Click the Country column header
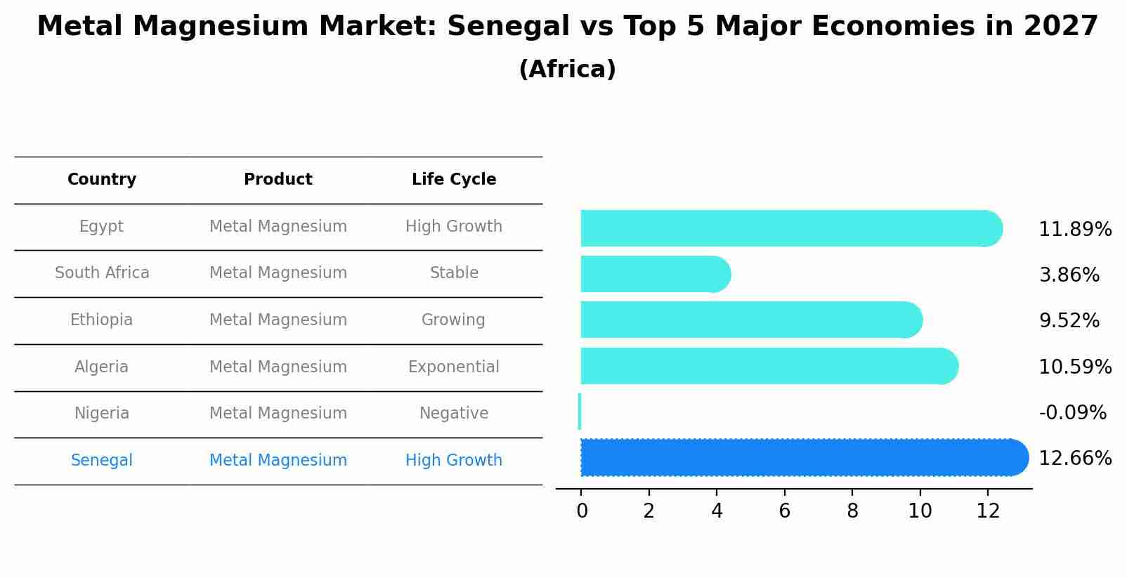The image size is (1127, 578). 102,180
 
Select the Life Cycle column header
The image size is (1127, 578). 454,180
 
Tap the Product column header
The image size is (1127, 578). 278,180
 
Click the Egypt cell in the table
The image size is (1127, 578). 101,227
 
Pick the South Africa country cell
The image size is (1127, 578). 102,273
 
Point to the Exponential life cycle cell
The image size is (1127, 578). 453,367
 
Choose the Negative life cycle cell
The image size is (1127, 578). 453,414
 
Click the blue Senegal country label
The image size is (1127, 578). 101,461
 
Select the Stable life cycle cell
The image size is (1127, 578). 454,273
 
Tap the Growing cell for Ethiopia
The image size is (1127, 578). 453,320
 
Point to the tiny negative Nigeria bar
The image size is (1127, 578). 580,412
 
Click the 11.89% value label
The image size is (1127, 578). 1074,230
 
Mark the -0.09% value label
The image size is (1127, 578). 1072,413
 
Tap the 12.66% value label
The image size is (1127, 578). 1074,459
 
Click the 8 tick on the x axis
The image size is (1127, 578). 852,511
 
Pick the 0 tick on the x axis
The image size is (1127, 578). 582,511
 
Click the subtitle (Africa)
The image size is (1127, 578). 567,70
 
